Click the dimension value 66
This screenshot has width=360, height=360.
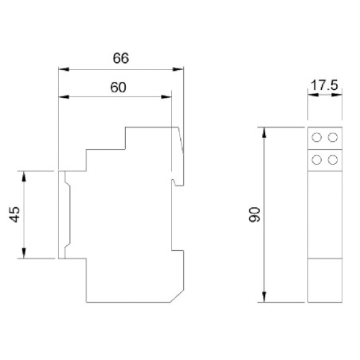tap(120, 58)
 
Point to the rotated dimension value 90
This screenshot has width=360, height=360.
tap(253, 214)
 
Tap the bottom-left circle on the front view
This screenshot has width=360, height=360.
tap(317, 160)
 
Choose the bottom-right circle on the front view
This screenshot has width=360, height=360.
tap(331, 160)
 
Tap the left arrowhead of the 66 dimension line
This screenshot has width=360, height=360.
tap(63, 68)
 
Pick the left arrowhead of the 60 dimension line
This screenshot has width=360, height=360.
tap(63, 97)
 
